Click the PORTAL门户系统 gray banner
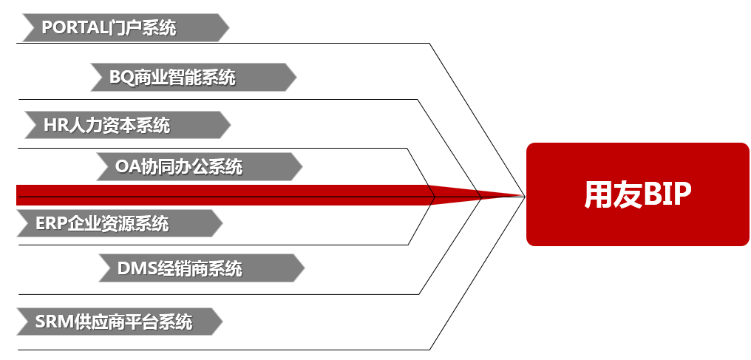coord(123,28)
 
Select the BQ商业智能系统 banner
coord(192,77)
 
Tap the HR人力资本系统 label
coord(123,125)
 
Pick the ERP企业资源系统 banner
coord(118,223)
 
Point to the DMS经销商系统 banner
coord(200,268)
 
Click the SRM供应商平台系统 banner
coord(118,322)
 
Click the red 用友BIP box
coord(637,194)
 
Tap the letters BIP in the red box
coord(667,195)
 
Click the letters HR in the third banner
coord(56,125)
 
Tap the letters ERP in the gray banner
coord(51,223)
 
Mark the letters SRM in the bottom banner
coord(54,322)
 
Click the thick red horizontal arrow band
coord(222,194)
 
